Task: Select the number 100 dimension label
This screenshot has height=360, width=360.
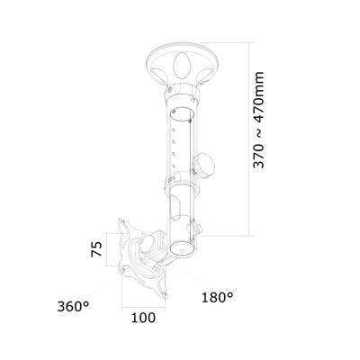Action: (x=139, y=318)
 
